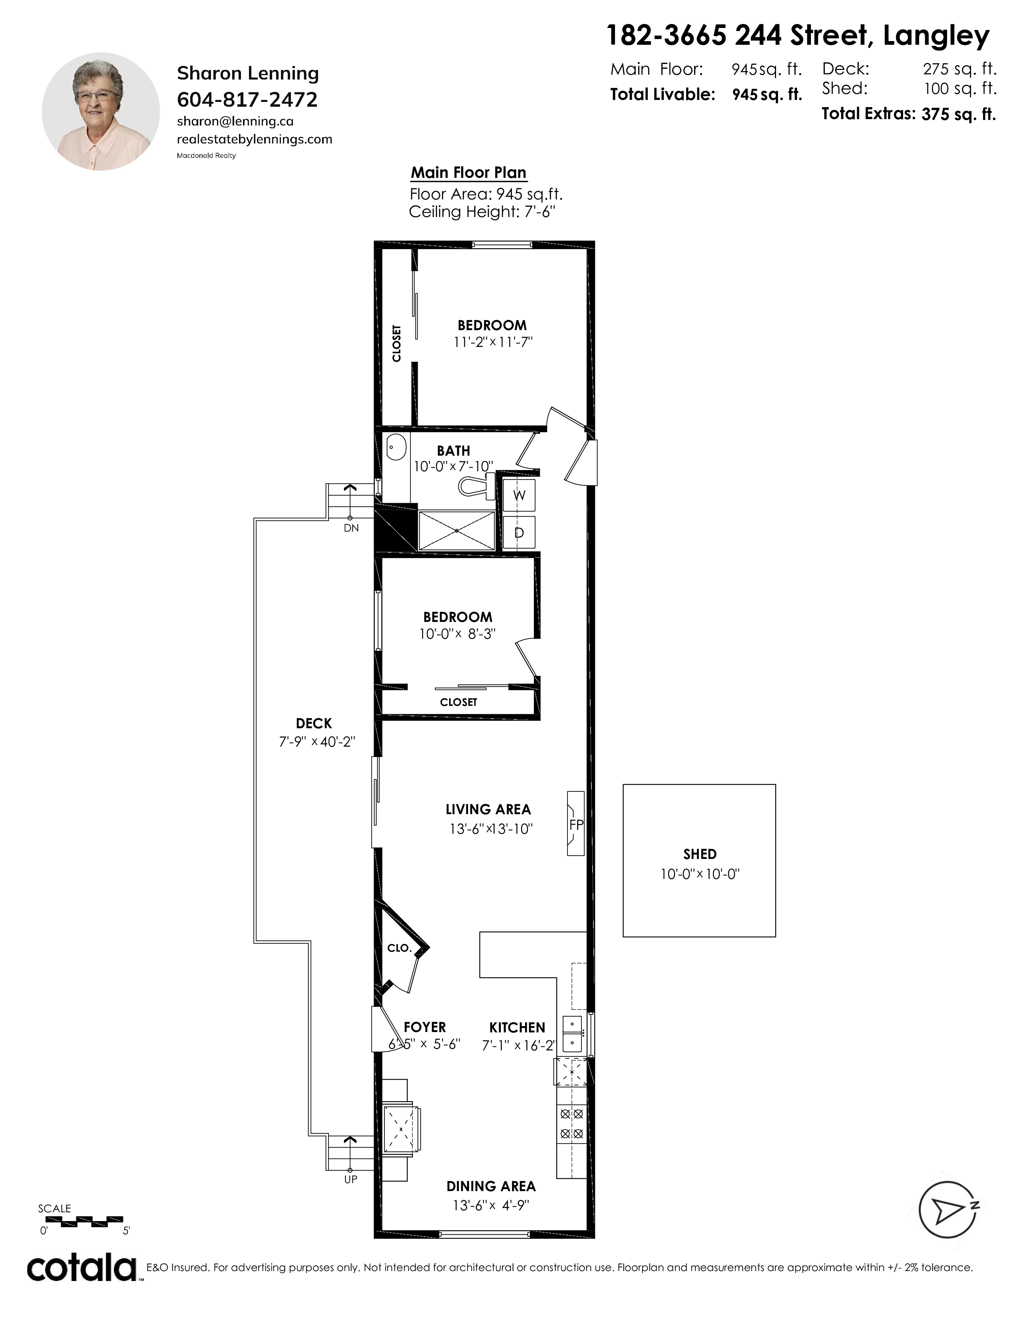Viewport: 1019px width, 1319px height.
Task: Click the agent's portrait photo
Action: click(101, 112)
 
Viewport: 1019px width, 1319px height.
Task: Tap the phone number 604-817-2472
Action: click(247, 99)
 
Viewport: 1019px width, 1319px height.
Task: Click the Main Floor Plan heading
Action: click(468, 173)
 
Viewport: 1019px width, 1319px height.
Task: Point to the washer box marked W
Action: click(519, 495)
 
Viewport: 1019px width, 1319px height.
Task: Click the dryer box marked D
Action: click(519, 533)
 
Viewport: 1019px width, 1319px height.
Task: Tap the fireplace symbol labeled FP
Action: click(576, 823)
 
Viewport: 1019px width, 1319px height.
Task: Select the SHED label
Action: click(700, 854)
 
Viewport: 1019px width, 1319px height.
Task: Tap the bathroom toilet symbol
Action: click(477, 486)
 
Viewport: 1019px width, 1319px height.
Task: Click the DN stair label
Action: click(351, 528)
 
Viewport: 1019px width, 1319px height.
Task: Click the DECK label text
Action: click(314, 723)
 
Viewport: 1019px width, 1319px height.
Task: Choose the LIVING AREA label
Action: click(488, 809)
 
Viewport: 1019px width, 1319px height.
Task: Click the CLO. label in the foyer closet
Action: click(399, 948)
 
